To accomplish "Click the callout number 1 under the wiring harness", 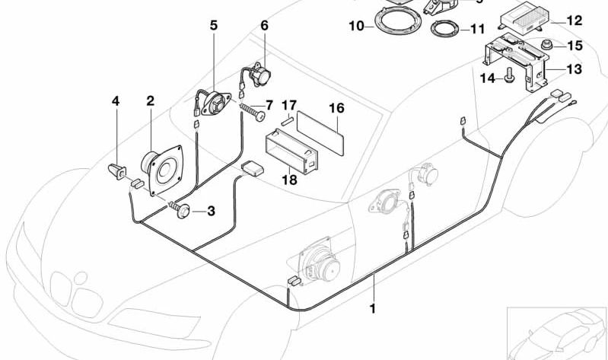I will click(x=373, y=309).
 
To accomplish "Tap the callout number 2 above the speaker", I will click(x=151, y=100).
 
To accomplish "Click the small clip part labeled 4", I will click(x=116, y=171).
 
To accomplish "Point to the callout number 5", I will click(x=214, y=25).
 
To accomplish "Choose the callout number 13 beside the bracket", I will click(x=574, y=70).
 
